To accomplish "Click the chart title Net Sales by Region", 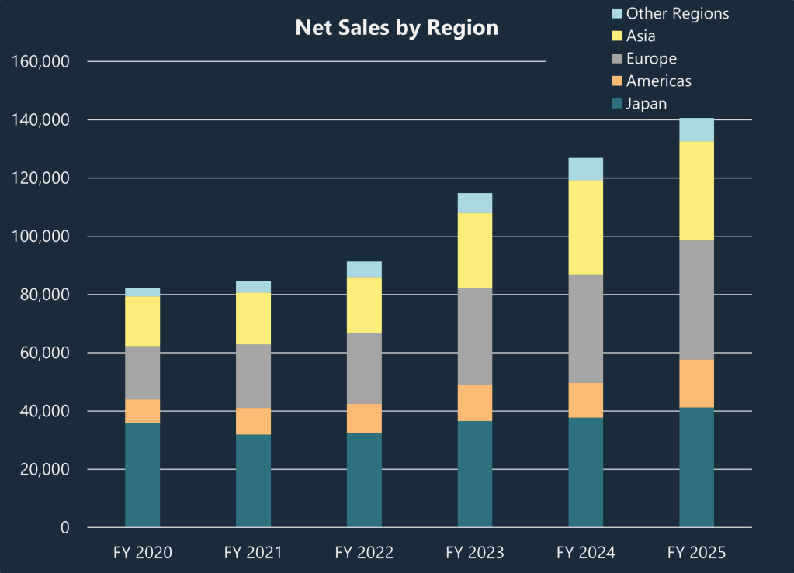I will [x=397, y=28].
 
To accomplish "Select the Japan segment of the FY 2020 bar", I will [x=142, y=475].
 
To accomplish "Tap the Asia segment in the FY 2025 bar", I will [x=696, y=191].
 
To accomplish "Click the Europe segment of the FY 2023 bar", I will [x=474, y=336].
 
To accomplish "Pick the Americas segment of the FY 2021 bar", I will [x=253, y=421].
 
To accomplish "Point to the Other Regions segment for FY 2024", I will [x=585, y=169].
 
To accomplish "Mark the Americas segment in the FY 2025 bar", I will [x=696, y=383].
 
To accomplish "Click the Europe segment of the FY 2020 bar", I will [x=142, y=372].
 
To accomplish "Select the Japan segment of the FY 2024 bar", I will [x=585, y=472].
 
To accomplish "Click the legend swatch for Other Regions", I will [x=617, y=13].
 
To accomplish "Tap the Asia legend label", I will [x=641, y=36].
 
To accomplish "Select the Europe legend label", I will [x=651, y=58].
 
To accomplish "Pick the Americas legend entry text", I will [x=658, y=81].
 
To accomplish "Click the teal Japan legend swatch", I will [x=617, y=103].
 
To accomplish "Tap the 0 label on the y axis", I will [x=65, y=528].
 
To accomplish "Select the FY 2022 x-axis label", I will [x=364, y=553].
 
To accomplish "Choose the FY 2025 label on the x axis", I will [x=696, y=553].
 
